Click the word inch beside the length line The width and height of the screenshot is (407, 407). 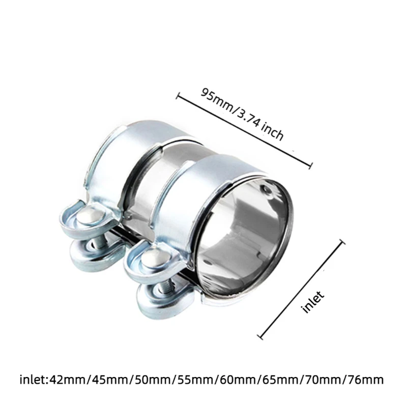(272, 132)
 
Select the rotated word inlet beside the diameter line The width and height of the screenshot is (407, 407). (313, 302)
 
